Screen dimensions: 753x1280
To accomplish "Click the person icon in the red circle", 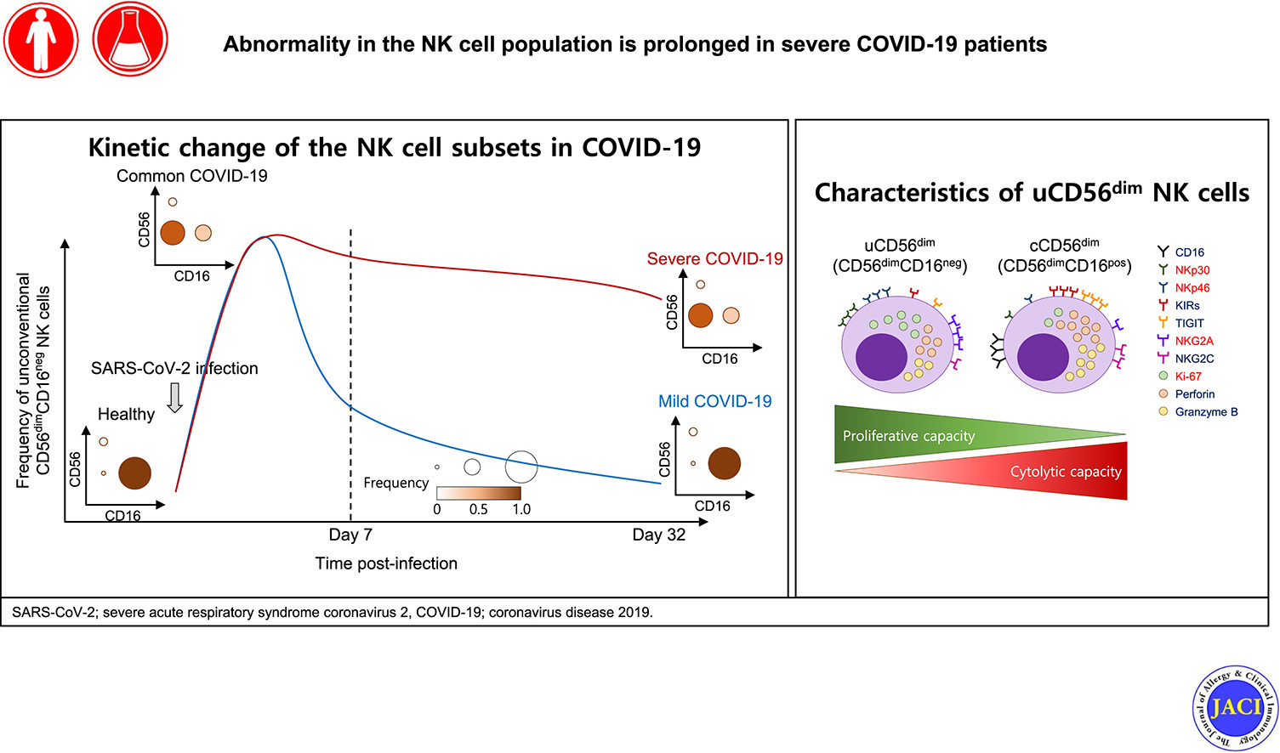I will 40,40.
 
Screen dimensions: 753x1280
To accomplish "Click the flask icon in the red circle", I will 130,40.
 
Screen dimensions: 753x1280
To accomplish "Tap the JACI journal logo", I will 1235,707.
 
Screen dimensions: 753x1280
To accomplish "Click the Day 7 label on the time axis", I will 350,535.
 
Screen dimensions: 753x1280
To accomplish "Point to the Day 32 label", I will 658,535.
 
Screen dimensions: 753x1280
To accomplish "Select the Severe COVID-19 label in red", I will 714,259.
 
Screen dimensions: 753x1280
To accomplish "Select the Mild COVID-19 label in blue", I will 714,401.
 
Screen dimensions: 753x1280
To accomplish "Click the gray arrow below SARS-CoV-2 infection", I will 174,397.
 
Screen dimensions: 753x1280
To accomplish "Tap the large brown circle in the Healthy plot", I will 134,473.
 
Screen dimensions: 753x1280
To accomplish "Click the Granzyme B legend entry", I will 1205,412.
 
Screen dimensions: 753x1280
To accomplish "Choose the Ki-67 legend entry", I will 1187,376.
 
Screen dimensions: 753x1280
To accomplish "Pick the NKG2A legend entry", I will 1193,341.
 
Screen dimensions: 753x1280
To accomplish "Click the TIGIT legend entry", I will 1189,323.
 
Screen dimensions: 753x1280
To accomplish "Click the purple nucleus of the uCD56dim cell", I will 881,357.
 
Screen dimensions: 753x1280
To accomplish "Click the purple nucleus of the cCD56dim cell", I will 1043,357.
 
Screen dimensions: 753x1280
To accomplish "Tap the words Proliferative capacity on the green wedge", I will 908,436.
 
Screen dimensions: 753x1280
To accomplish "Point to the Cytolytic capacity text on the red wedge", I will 1065,472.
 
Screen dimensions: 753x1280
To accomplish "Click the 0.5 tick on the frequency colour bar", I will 478,509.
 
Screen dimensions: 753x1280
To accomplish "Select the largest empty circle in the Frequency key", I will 521,466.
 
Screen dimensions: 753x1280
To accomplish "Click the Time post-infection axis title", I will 386,563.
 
